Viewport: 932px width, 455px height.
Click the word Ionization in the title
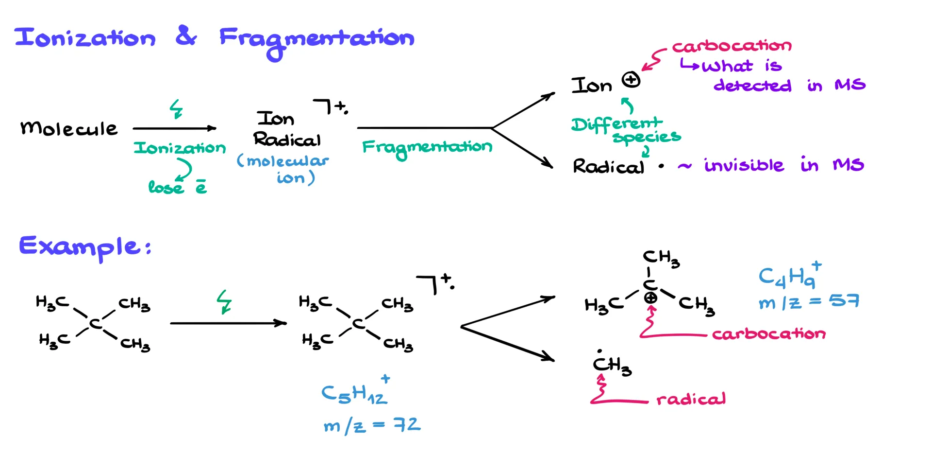tap(85, 37)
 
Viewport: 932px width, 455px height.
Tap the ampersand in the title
tap(186, 36)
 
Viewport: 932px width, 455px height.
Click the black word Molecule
tap(68, 128)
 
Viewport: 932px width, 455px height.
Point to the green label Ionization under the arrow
tap(180, 148)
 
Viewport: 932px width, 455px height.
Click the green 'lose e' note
tap(177, 187)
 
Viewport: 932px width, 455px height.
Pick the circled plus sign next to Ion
tap(631, 79)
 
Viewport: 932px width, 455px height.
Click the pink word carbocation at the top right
tap(732, 46)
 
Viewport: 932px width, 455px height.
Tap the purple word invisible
tap(744, 165)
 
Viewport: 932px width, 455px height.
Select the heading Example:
tap(85, 247)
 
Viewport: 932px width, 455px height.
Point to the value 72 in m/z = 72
tap(407, 425)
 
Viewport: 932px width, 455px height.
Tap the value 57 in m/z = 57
tap(844, 301)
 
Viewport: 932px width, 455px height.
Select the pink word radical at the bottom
tap(691, 400)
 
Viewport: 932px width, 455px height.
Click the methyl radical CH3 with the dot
tap(612, 365)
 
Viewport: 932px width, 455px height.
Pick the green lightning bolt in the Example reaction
tap(224, 301)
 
